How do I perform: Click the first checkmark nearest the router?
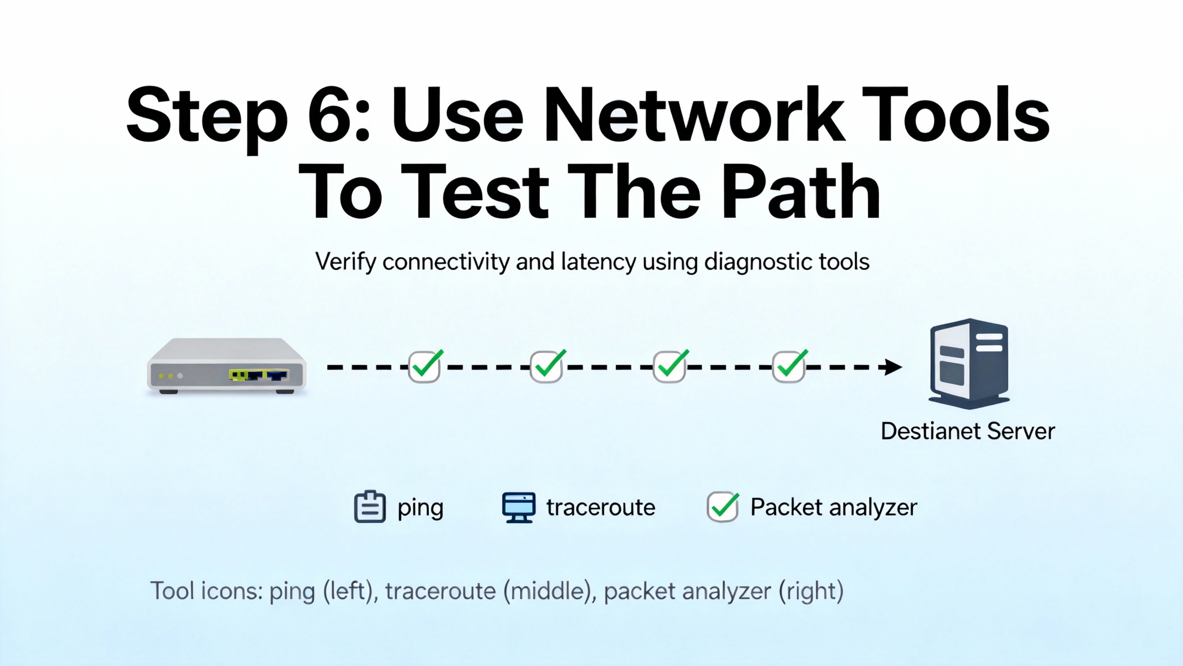[x=425, y=366]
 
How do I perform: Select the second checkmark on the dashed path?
[x=547, y=366]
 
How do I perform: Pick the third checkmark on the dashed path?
[x=670, y=366]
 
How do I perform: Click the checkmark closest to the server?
[x=789, y=366]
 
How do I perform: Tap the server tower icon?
[x=969, y=364]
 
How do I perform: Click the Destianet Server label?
[x=968, y=431]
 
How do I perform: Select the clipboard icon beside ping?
[x=370, y=507]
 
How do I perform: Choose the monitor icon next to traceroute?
[x=518, y=507]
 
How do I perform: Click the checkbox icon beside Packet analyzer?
[x=723, y=507]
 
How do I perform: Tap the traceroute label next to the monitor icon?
[x=601, y=507]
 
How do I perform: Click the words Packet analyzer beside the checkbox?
[x=833, y=507]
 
